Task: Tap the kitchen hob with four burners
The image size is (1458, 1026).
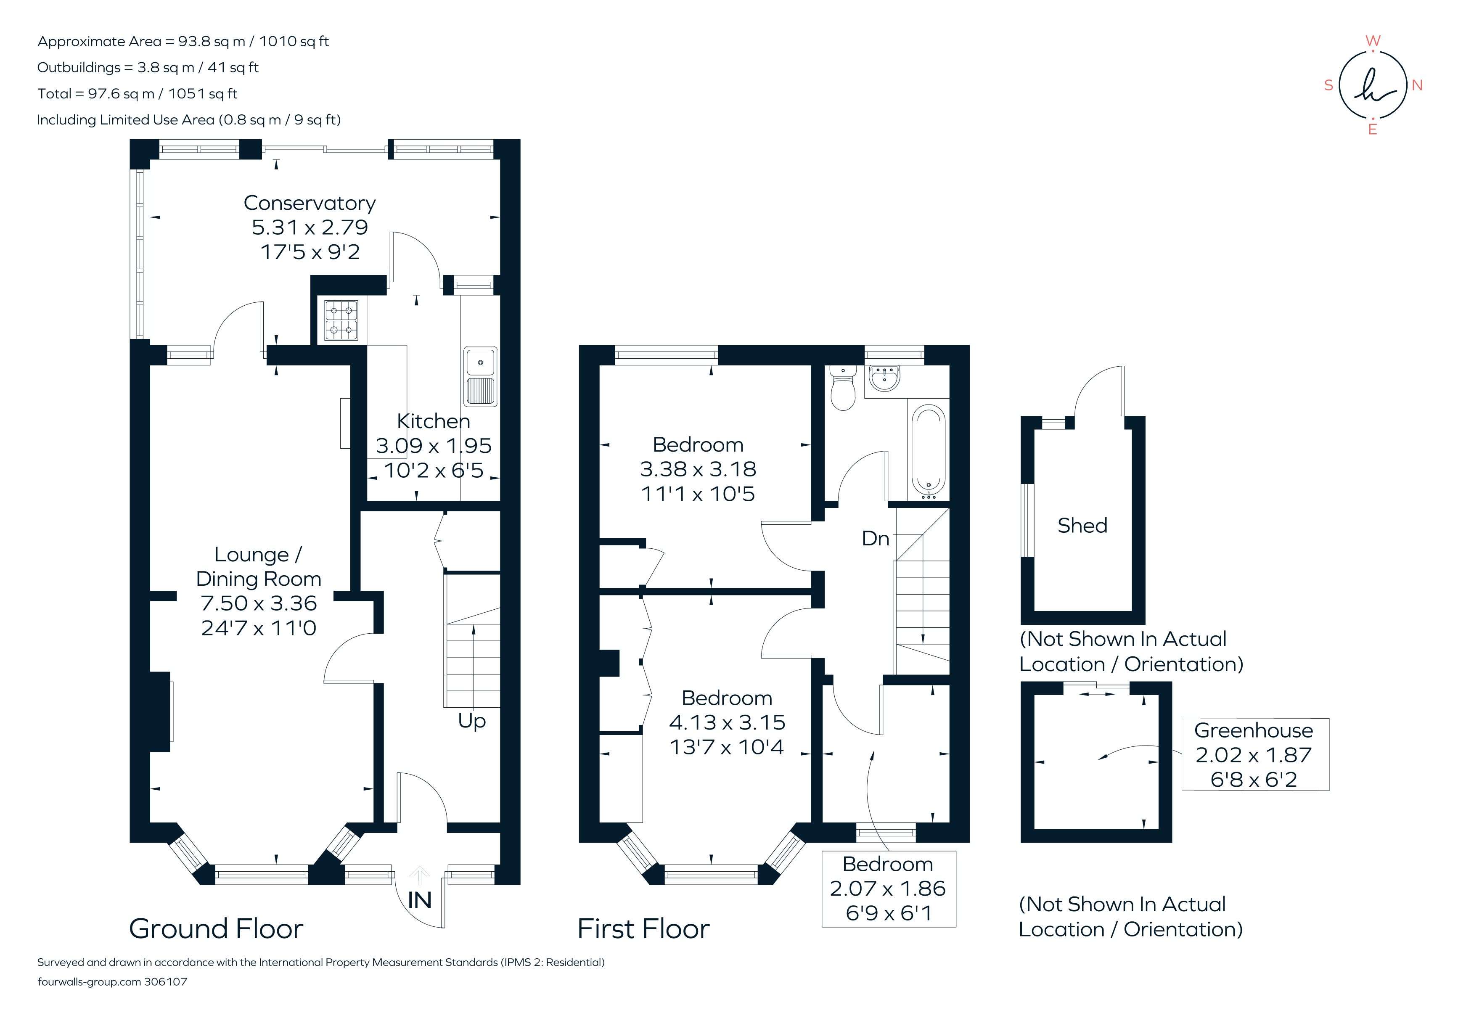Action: pos(341,320)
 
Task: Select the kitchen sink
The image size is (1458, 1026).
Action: pos(480,376)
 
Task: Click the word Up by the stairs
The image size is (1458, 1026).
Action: pos(472,721)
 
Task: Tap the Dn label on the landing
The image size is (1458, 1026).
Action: pos(875,538)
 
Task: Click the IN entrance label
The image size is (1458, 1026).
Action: pos(419,900)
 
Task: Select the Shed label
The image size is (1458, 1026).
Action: pos(1082,526)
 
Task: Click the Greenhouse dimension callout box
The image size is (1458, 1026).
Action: pos(1254,754)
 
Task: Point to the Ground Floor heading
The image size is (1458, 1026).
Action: pos(216,929)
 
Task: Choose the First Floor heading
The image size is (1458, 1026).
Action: pos(643,929)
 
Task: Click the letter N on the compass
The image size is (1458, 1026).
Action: pos(1417,85)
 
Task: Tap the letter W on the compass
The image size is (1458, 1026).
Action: pos(1372,41)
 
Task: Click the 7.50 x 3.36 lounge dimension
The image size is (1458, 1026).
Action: pos(259,603)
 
